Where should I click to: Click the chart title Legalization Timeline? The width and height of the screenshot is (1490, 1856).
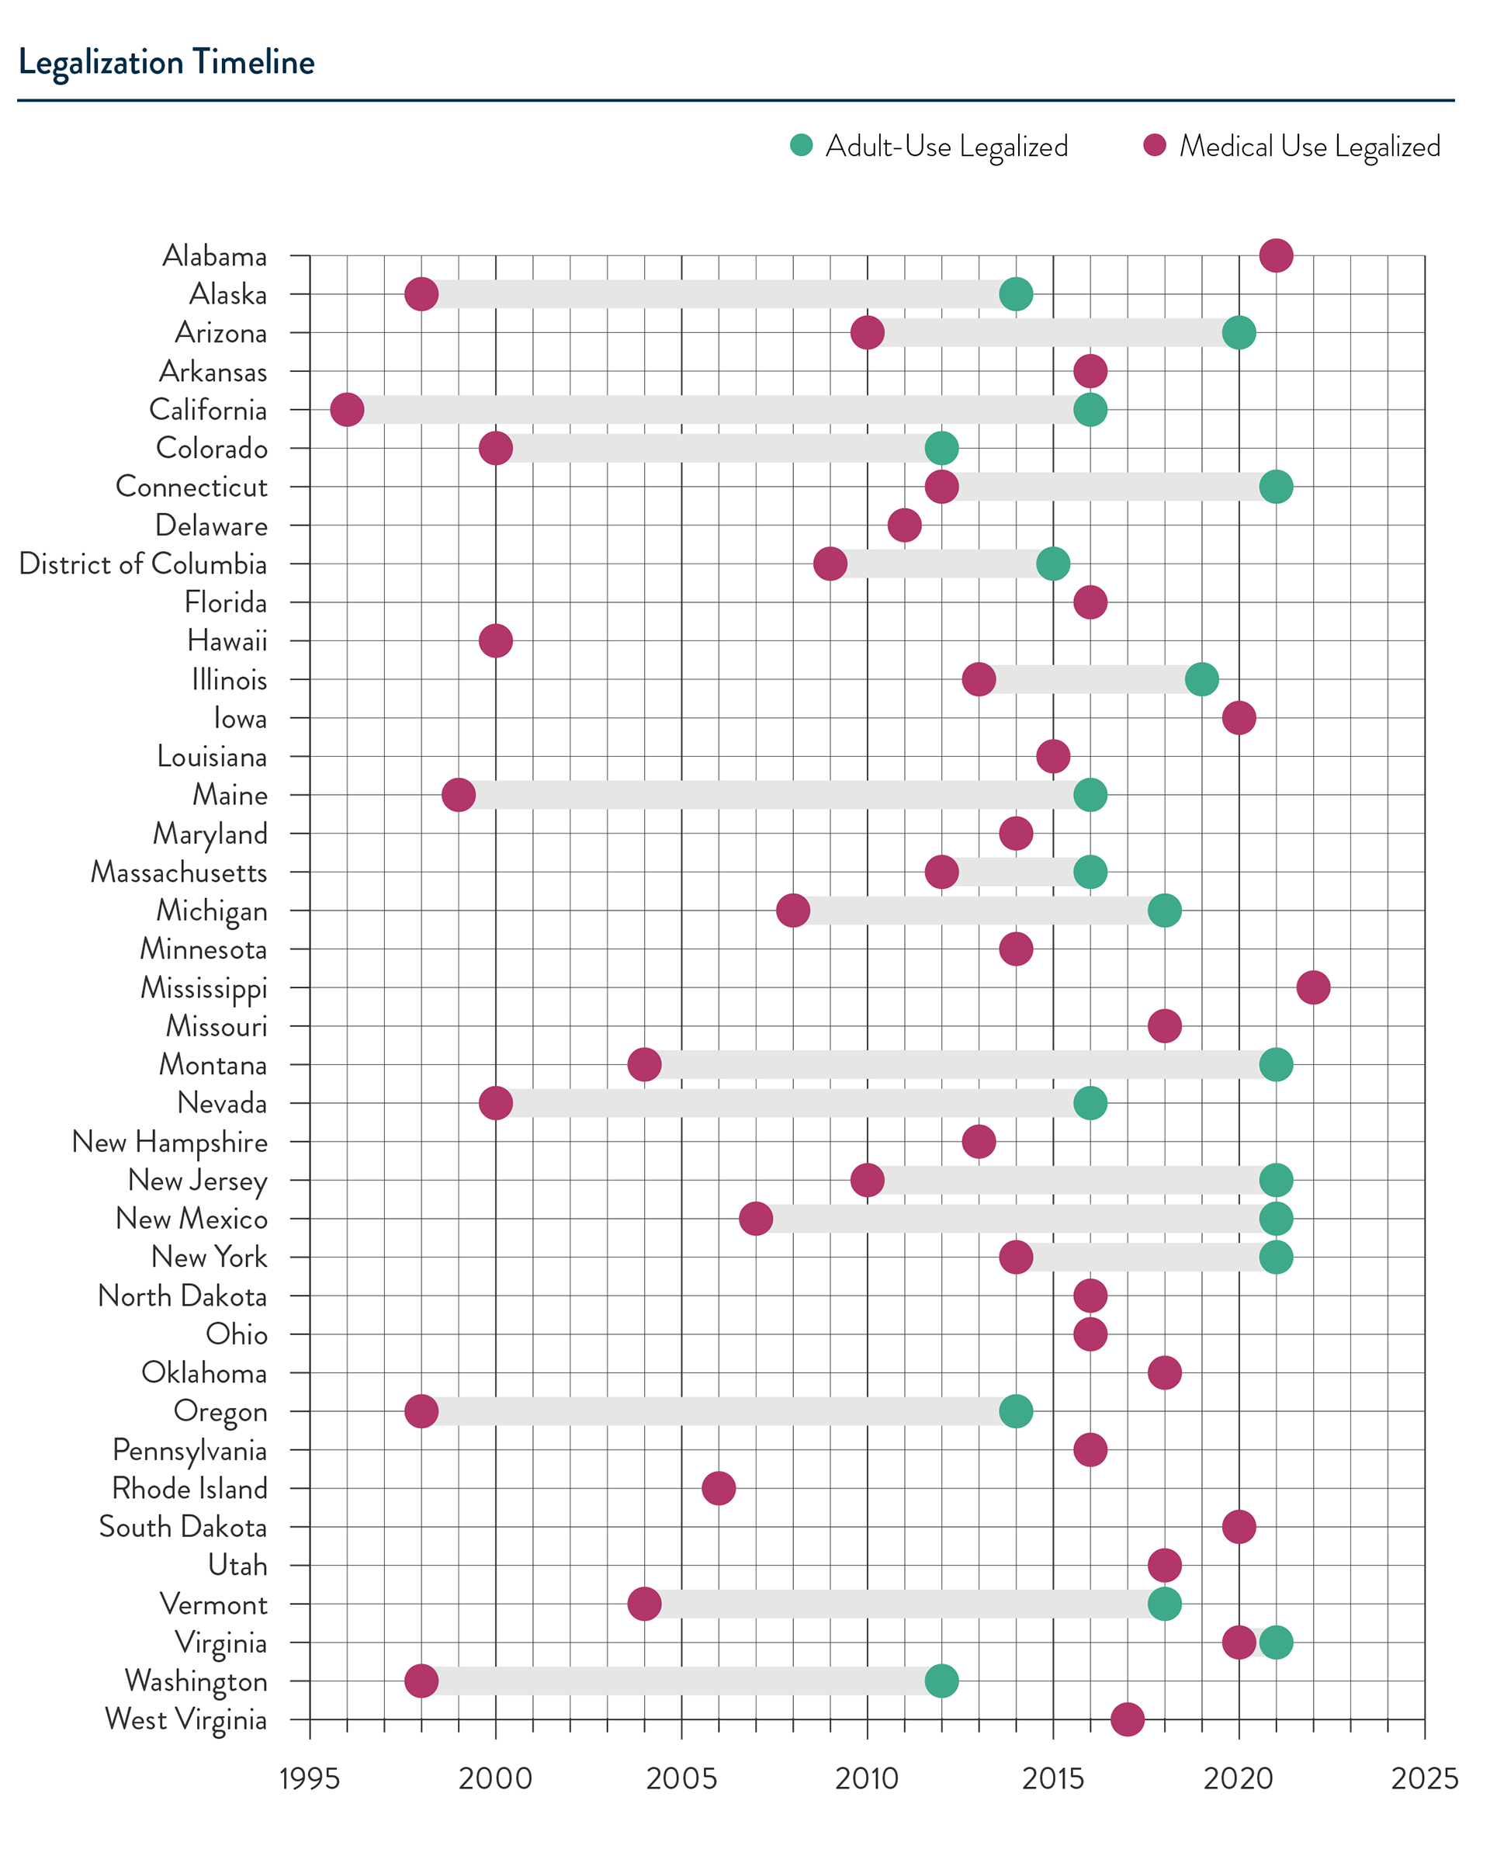pos(166,63)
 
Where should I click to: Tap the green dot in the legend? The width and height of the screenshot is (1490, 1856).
pos(802,144)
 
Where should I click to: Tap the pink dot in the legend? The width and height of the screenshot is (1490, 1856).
pos(1154,144)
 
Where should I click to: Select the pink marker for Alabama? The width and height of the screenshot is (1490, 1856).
pos(1276,255)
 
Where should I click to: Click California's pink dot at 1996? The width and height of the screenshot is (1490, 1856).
pos(346,410)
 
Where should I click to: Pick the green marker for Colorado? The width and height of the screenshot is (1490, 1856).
pos(941,448)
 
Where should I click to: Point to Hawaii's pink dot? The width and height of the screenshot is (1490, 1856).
pos(495,640)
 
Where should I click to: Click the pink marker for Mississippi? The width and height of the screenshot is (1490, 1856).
pos(1313,987)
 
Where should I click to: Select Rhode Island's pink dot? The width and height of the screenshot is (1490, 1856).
pos(719,1487)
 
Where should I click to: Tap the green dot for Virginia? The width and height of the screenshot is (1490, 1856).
pos(1277,1642)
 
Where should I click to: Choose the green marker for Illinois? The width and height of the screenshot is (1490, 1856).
pos(1201,679)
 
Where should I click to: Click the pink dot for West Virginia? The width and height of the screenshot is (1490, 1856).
pos(1128,1719)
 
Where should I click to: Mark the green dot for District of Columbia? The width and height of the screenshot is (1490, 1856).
pos(1054,564)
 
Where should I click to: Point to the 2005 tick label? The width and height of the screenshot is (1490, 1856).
pos(681,1778)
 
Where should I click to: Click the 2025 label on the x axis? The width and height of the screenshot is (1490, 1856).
pos(1425,1778)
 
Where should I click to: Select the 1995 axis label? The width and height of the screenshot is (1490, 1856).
pos(310,1778)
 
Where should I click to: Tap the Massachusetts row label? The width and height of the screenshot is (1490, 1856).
pos(179,872)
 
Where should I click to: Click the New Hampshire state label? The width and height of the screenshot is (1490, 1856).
pos(170,1143)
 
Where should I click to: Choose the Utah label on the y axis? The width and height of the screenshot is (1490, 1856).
pos(237,1565)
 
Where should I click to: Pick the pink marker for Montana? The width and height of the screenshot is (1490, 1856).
pos(644,1064)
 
